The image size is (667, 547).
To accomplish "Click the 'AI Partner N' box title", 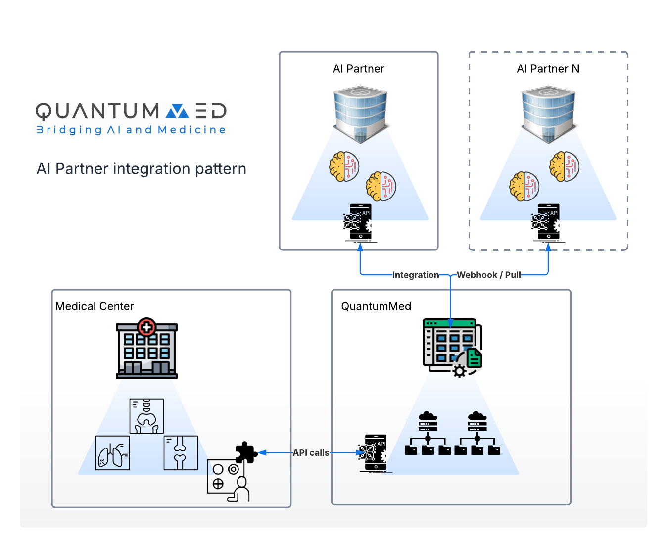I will (548, 69).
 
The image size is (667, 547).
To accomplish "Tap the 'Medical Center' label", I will (95, 306).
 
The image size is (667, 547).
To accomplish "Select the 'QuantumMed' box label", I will (376, 306).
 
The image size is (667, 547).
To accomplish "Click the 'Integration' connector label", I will (416, 275).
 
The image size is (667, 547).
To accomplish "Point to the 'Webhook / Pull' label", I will (488, 275).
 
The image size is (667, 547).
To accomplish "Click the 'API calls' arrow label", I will (311, 452).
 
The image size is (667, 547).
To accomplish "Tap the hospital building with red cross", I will (146, 350).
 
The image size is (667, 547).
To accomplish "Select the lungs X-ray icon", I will (112, 452).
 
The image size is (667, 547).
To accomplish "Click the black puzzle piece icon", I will (245, 452).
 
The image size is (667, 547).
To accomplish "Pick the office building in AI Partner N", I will (548, 114).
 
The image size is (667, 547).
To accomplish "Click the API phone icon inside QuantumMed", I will (374, 453).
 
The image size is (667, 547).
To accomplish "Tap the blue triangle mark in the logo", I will (177, 111).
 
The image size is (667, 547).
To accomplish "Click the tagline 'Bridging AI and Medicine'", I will (131, 130).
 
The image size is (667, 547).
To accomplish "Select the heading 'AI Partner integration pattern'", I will (141, 169).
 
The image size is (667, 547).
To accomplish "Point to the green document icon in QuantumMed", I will (474, 357).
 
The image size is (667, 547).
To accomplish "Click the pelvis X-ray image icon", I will (146, 416).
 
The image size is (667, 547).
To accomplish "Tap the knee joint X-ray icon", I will (181, 452).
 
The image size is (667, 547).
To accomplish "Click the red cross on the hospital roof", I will (146, 327).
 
